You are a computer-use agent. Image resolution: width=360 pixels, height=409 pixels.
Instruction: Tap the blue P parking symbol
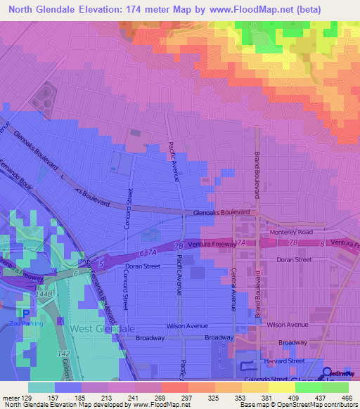click(x=27, y=313)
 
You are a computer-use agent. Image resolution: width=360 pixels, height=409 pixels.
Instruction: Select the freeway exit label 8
click(x=321, y=243)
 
